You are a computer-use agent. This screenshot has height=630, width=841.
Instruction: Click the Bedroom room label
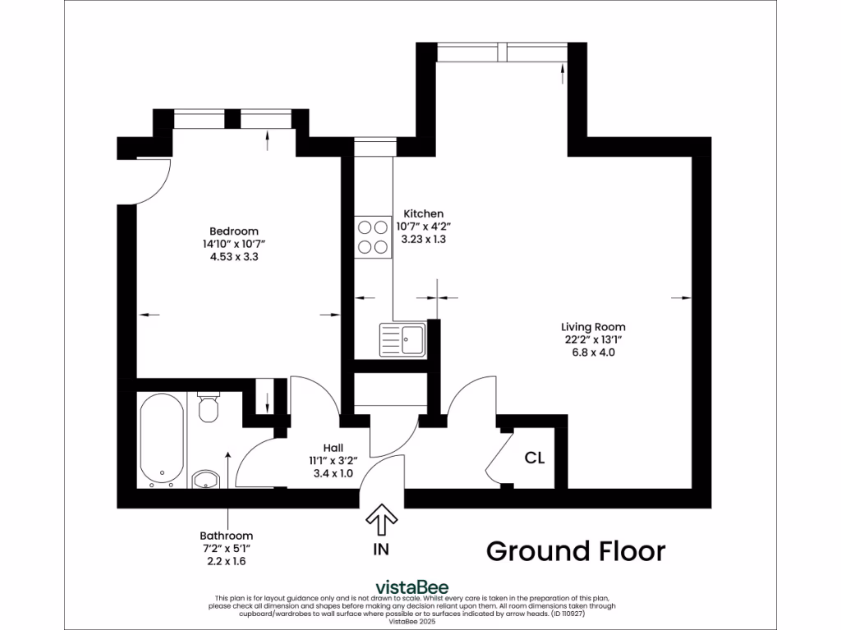[x=234, y=231]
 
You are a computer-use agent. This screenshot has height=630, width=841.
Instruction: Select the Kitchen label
[x=423, y=213]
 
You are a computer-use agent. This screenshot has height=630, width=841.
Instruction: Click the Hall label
[x=333, y=447]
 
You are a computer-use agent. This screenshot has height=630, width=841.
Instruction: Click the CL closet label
[x=535, y=458]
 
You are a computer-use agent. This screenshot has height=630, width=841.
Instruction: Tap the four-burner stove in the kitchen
[x=372, y=236]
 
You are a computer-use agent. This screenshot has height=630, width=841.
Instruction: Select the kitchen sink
[x=402, y=340]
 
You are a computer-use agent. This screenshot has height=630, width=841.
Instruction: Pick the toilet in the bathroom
[x=208, y=408]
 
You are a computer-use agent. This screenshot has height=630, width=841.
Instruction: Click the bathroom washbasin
[x=204, y=479]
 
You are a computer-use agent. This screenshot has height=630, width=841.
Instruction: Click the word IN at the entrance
[x=381, y=550]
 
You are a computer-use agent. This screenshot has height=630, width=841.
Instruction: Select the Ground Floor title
[x=576, y=551]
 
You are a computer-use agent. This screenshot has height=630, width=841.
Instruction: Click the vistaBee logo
[x=411, y=587]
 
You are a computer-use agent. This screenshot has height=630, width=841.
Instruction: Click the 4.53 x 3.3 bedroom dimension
[x=234, y=257]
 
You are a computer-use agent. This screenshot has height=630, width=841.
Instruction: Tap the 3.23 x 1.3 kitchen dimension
[x=423, y=240]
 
